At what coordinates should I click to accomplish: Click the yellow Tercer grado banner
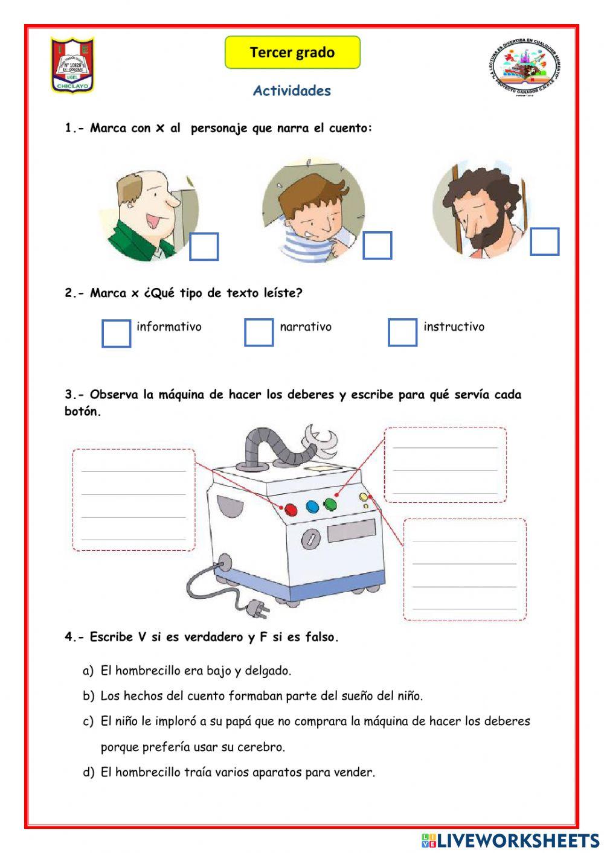pyautogui.click(x=292, y=53)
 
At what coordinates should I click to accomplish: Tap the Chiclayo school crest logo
pyautogui.click(x=72, y=65)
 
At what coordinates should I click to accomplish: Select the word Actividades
pyautogui.click(x=292, y=91)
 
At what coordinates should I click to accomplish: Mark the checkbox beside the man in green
pyautogui.click(x=204, y=246)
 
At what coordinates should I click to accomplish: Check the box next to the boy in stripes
pyautogui.click(x=377, y=246)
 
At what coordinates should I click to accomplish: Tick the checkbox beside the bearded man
pyautogui.click(x=544, y=241)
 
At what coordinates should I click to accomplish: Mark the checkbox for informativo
pyautogui.click(x=116, y=333)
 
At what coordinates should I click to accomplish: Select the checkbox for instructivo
pyautogui.click(x=402, y=332)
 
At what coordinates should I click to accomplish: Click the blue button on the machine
pyautogui.click(x=312, y=506)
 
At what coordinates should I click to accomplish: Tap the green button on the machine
pyautogui.click(x=330, y=503)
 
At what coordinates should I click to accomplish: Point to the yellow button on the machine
pyautogui.click(x=364, y=497)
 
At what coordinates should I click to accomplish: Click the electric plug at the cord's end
pyautogui.click(x=260, y=610)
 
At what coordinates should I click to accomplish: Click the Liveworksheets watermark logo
pyautogui.click(x=510, y=840)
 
